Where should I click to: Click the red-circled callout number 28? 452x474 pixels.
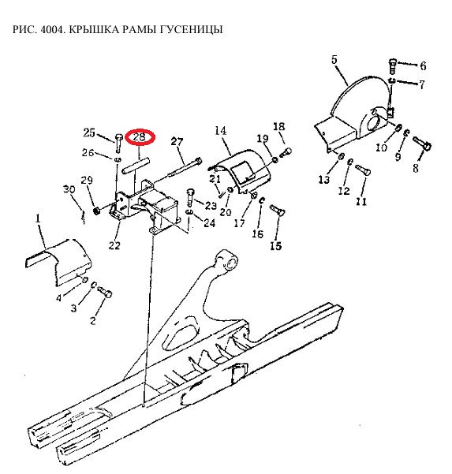tap(139, 137)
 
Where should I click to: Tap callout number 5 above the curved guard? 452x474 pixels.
tap(334, 60)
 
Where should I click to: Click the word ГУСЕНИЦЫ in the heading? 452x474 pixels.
tap(191, 29)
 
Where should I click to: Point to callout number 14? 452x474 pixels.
tap(220, 131)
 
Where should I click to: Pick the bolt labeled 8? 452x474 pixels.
tap(422, 144)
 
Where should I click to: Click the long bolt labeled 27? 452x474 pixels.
tap(185, 167)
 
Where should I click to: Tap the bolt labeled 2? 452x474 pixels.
tap(105, 292)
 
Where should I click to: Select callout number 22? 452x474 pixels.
tap(114, 245)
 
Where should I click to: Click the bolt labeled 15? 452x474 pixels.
tap(278, 210)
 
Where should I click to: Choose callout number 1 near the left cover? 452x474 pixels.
tap(38, 218)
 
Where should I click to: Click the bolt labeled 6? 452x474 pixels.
tap(392, 66)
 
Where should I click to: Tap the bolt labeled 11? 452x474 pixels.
tap(363, 170)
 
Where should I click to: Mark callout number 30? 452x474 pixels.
tap(69, 189)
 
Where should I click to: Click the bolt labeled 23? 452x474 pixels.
tap(190, 198)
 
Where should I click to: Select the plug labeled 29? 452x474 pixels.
tap(97, 210)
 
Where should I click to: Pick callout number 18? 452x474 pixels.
tap(278, 126)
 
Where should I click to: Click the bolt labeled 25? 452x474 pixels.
tap(118, 143)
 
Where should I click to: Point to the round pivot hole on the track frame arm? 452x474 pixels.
tap(232, 262)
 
